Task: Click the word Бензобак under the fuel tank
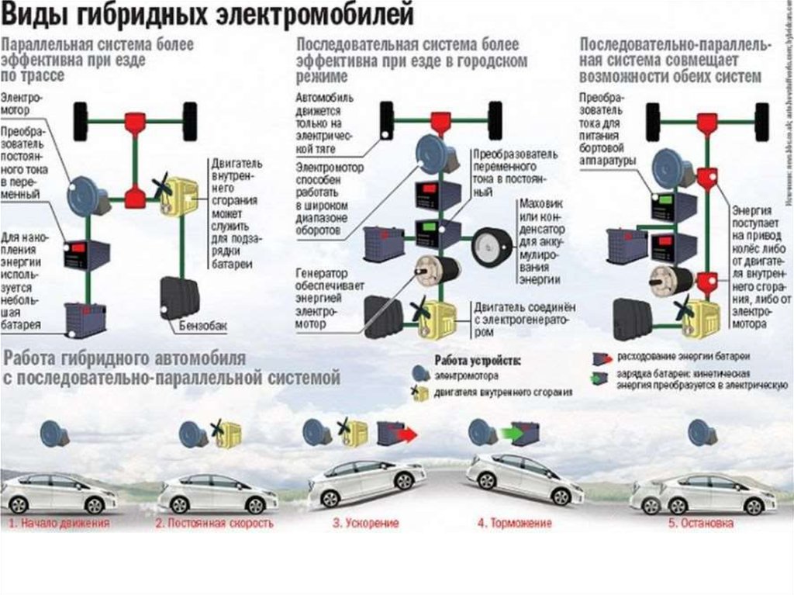click(x=205, y=327)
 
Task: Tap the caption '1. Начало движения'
click(x=59, y=524)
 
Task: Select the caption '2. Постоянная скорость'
click(x=215, y=524)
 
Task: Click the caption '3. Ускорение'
click(x=366, y=524)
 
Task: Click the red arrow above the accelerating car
click(x=407, y=434)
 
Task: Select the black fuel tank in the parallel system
click(x=179, y=297)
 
